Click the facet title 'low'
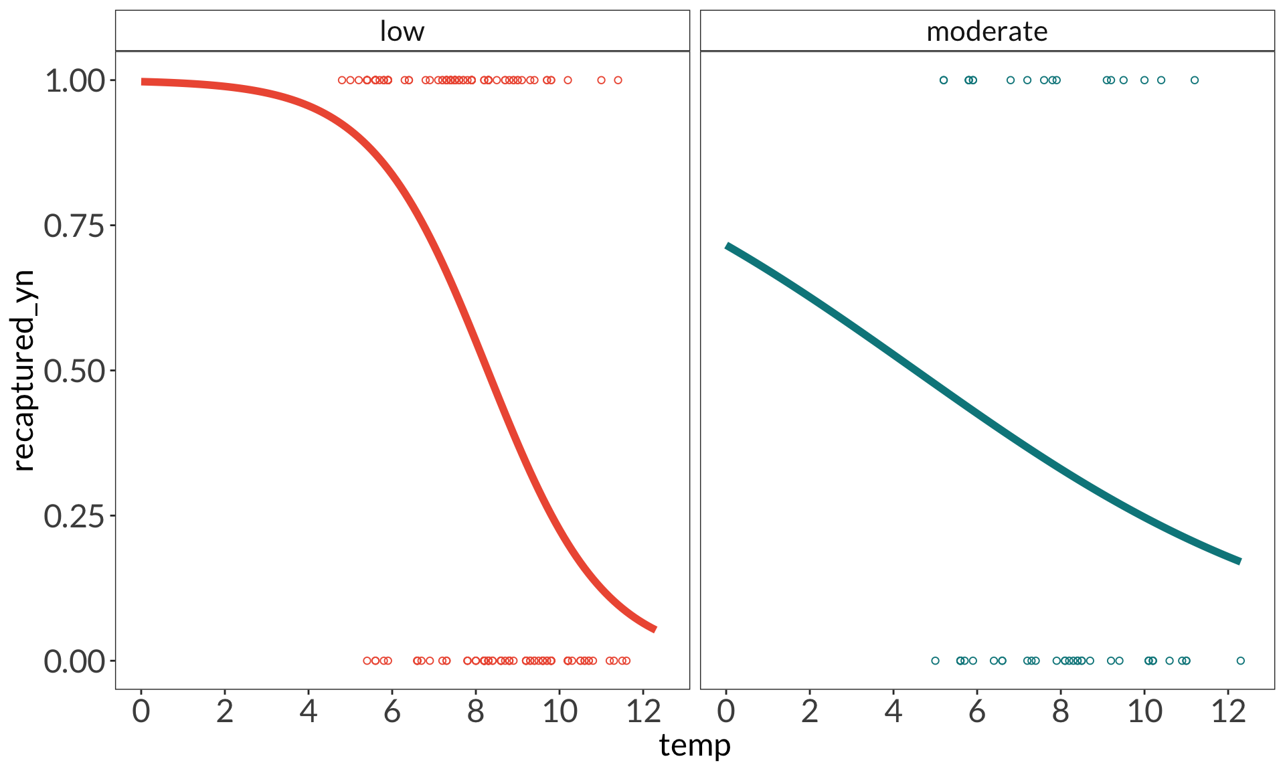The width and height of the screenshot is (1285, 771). click(402, 31)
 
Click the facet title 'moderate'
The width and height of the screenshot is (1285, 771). click(987, 31)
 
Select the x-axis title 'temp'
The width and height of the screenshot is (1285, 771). click(694, 746)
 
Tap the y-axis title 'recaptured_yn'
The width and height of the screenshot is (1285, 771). click(23, 370)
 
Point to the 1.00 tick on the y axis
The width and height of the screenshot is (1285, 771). click(75, 81)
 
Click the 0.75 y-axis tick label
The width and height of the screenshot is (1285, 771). click(75, 226)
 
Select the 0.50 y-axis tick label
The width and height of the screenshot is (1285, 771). click(75, 371)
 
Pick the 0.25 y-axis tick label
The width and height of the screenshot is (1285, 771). click(75, 516)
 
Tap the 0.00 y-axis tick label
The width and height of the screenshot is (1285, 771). click(75, 661)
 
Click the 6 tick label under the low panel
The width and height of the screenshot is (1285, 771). click(392, 711)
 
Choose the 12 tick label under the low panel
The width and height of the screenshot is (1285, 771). click(643, 711)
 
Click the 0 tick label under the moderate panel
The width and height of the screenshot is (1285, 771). click(726, 711)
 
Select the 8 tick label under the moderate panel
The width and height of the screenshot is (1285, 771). click(1061, 711)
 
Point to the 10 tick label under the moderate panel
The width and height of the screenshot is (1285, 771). click(1144, 711)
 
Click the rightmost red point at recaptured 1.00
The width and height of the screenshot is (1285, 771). click(618, 80)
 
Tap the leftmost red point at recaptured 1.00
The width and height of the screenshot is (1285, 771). click(342, 80)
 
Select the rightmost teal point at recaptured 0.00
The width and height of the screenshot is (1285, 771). click(1240, 661)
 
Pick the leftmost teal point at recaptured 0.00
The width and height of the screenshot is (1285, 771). click(935, 661)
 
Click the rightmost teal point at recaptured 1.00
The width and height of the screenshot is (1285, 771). click(1195, 80)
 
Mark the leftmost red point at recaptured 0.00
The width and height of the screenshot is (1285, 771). click(367, 661)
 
